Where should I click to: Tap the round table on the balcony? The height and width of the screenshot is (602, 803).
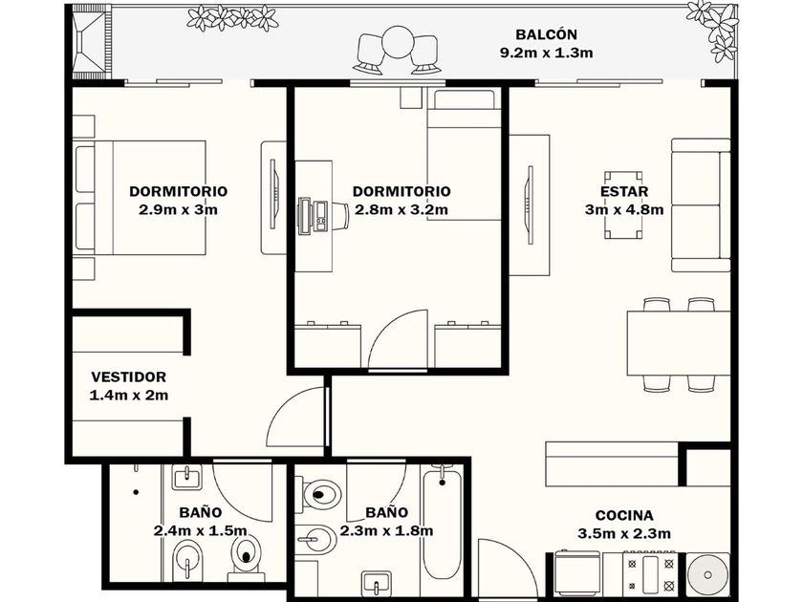(398, 43)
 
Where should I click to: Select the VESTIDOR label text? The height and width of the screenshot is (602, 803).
(128, 377)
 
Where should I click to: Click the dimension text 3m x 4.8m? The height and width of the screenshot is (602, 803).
(624, 210)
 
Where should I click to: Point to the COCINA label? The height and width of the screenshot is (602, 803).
(624, 515)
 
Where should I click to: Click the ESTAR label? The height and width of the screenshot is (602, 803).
(624, 191)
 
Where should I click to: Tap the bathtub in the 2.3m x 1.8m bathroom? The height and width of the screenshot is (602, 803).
(442, 522)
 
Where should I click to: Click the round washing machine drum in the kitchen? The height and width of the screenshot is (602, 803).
(707, 575)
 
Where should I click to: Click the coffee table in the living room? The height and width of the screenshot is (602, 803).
(622, 204)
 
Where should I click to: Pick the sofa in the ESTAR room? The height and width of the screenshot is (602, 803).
(701, 204)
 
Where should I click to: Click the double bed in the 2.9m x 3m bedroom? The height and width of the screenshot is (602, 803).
(141, 198)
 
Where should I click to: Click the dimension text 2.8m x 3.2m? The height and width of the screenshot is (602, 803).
(401, 210)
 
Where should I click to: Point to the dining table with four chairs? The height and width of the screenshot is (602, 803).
(679, 345)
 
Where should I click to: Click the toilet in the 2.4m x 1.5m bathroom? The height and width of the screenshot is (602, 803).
(248, 557)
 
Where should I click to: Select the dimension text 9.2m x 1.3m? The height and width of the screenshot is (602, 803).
(546, 53)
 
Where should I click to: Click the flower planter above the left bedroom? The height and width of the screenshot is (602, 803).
(232, 18)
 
